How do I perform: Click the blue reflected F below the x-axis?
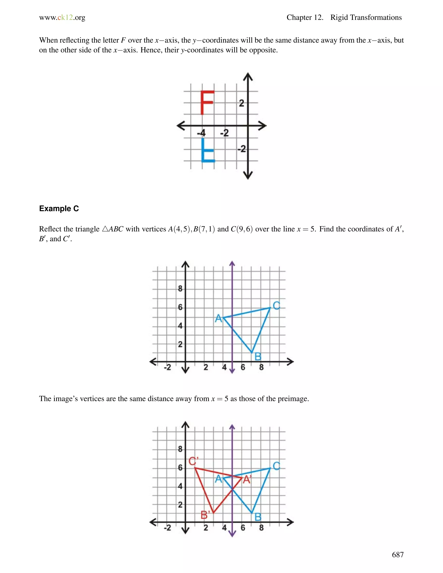coord(207,150)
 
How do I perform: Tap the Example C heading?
coord(59,209)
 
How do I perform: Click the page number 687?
coord(398,555)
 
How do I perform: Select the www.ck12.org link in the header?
coord(62,18)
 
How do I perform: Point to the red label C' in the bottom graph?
coord(194,461)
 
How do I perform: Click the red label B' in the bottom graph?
coord(205,515)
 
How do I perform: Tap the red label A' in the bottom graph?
coord(247,480)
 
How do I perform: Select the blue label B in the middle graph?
coord(258,357)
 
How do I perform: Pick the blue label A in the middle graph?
coord(218,319)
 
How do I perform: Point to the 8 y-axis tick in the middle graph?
coord(180,289)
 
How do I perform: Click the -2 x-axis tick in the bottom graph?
coord(167,528)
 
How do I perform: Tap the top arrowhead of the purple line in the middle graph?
coord(232,263)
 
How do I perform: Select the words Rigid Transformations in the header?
coord(366,18)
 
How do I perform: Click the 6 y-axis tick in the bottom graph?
coord(180,467)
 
